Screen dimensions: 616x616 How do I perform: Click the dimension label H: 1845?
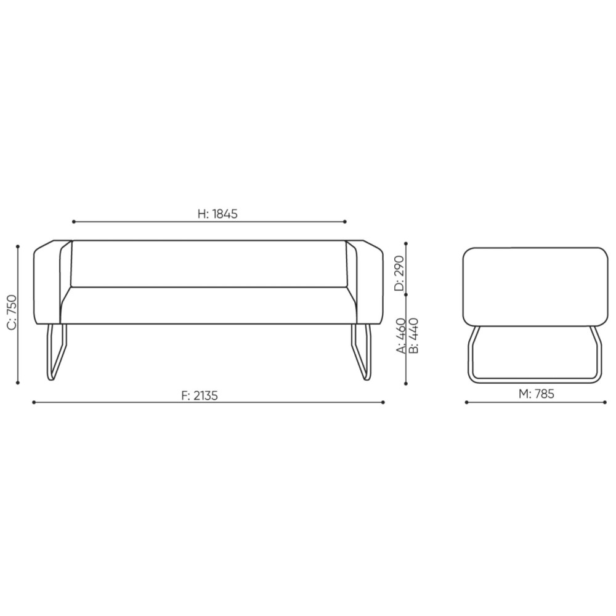pos(217,214)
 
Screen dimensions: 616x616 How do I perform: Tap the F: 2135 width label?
pos(200,395)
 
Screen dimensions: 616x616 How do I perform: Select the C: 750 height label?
pos(12,312)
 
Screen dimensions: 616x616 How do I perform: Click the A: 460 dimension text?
pos(401,336)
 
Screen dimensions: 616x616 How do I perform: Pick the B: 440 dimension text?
pos(414,336)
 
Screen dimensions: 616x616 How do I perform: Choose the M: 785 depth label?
pos(537,394)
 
